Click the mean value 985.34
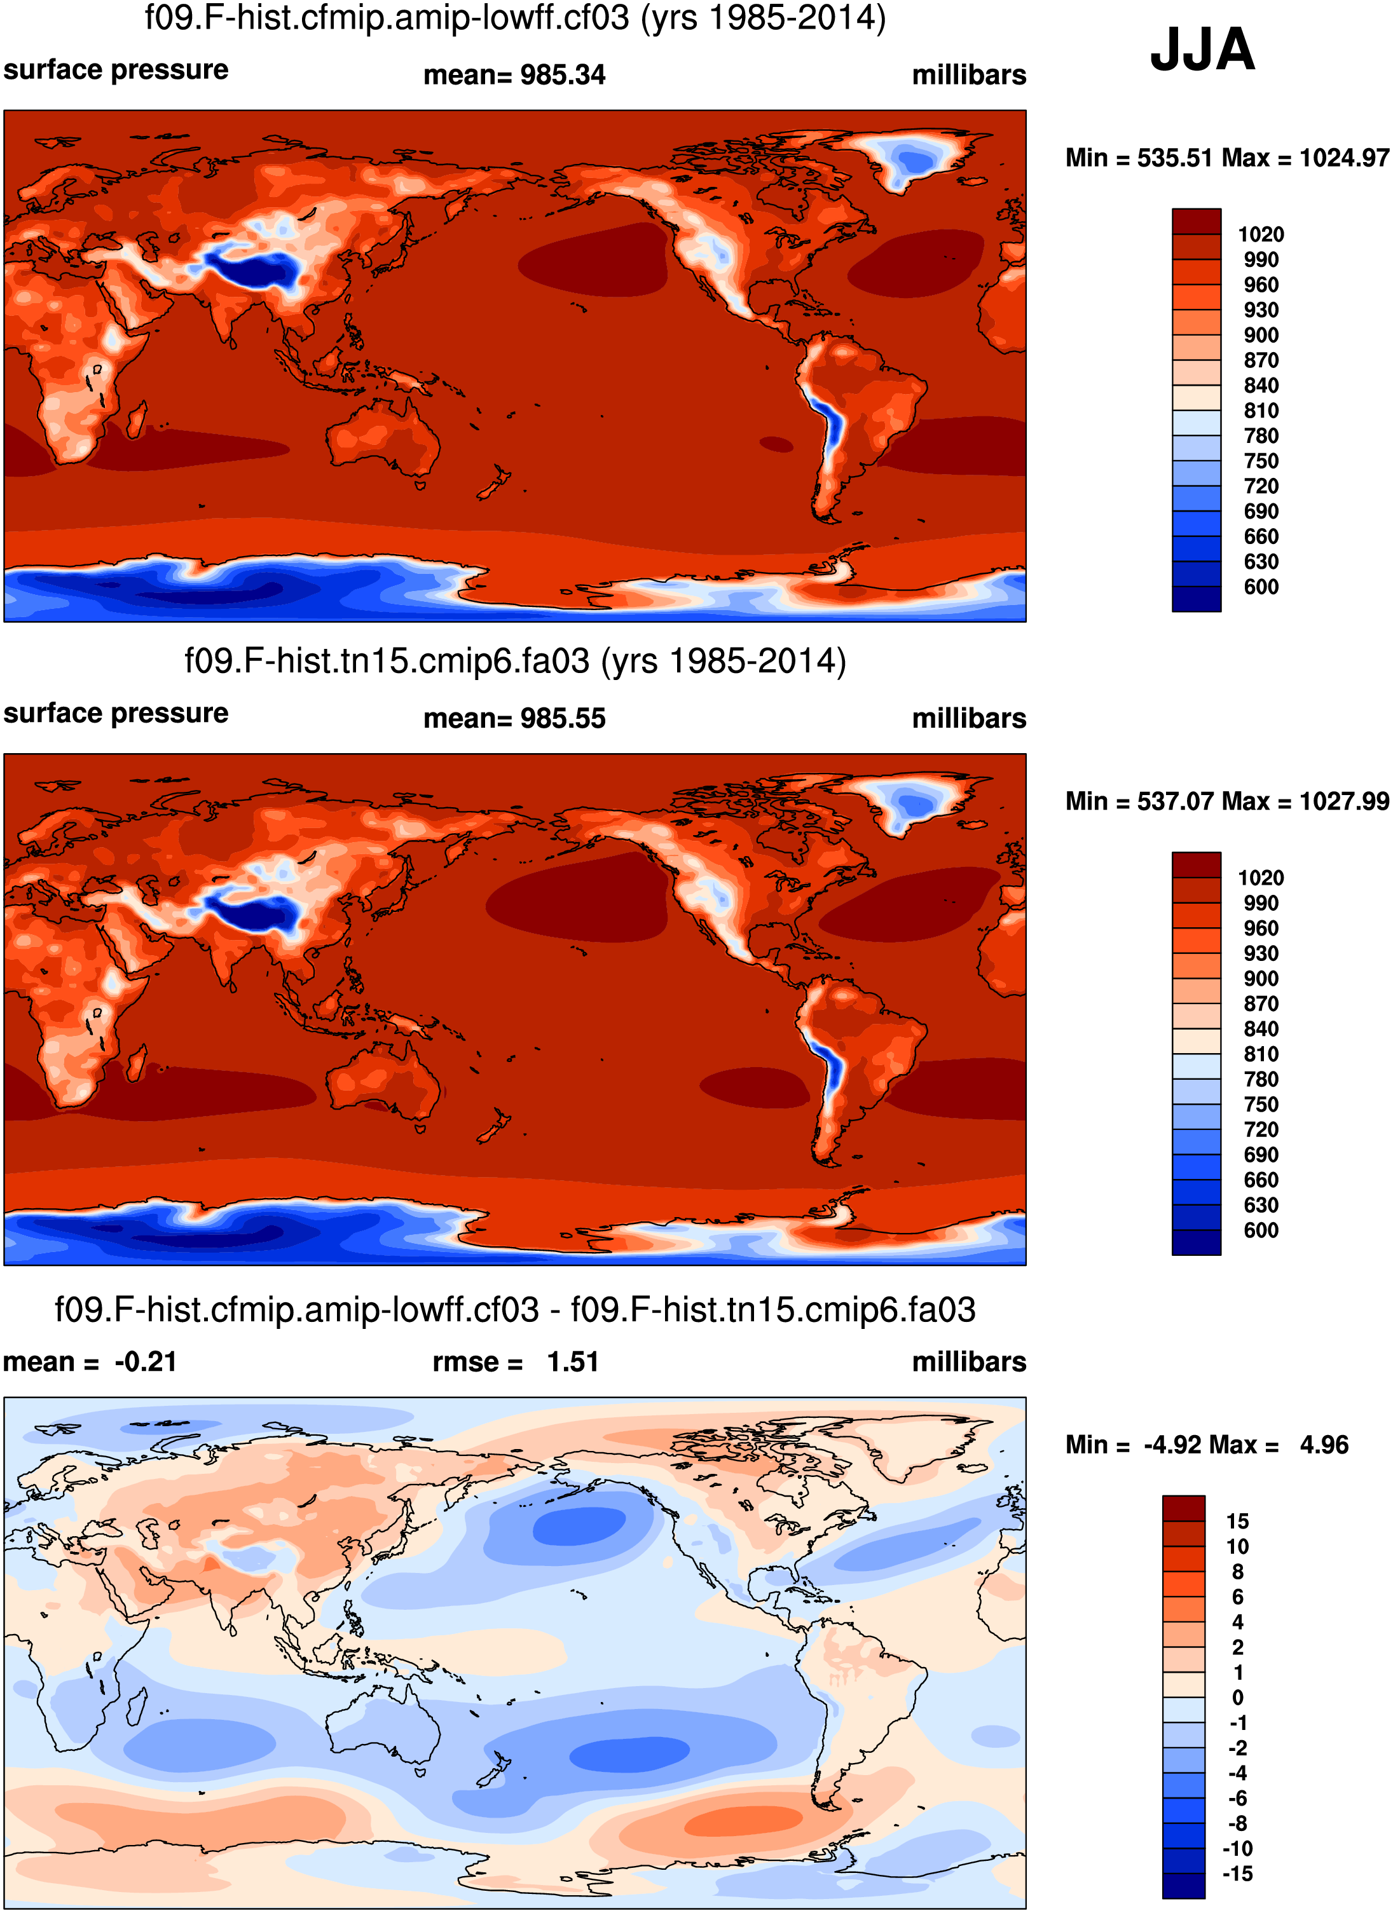(x=562, y=75)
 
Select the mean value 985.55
(x=562, y=719)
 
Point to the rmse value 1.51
(x=572, y=1362)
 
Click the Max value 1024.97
(x=1343, y=158)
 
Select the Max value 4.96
(x=1323, y=1445)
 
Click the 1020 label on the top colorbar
(x=1261, y=235)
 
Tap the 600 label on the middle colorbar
(x=1261, y=1230)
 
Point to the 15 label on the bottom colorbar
(x=1237, y=1522)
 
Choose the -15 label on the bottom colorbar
(x=1237, y=1874)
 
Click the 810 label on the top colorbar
(x=1261, y=411)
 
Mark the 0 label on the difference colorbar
(x=1237, y=1698)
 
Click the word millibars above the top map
(x=968, y=75)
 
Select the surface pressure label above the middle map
(x=116, y=714)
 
